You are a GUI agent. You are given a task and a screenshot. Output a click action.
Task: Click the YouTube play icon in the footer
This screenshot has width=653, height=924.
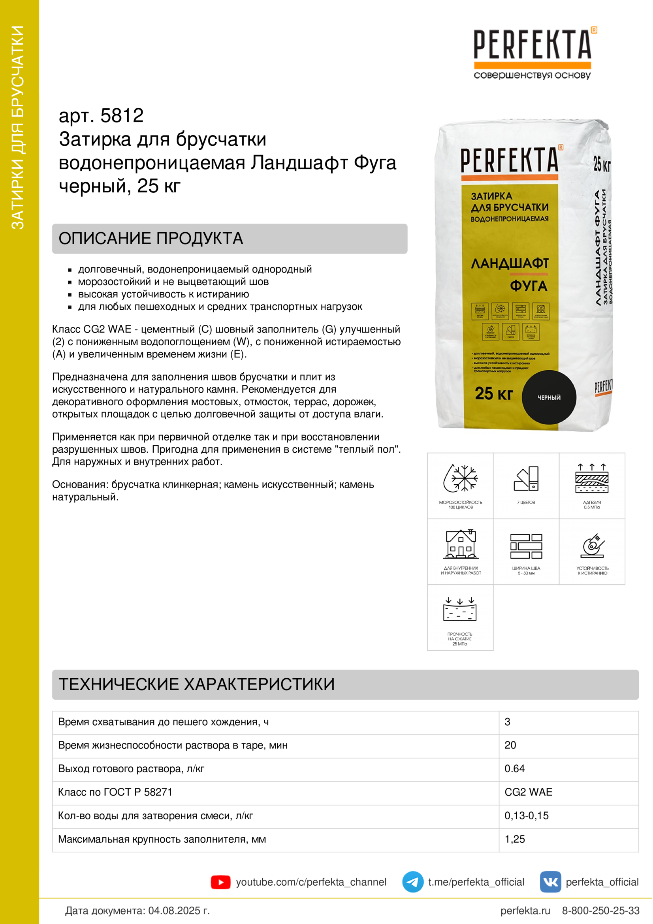pyautogui.click(x=220, y=882)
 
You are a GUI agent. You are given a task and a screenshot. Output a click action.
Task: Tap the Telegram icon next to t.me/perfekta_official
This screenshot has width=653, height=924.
pyautogui.click(x=412, y=882)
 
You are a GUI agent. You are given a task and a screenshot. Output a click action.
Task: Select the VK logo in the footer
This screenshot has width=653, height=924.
pyautogui.click(x=550, y=882)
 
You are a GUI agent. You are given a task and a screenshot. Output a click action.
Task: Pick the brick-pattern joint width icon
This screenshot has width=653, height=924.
pyautogui.click(x=526, y=546)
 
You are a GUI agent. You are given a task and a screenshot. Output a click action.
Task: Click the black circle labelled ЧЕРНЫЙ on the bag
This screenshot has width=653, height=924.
pyautogui.click(x=549, y=397)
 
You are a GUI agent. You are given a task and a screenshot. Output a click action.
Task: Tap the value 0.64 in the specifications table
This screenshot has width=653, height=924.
pyautogui.click(x=515, y=769)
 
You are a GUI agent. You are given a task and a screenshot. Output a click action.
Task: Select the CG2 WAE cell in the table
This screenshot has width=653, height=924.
pyautogui.click(x=528, y=792)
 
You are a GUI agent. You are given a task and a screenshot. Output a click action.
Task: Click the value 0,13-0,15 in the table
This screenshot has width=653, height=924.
pyautogui.click(x=526, y=816)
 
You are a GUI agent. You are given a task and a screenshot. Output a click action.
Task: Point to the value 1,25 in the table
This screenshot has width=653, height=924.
pyautogui.click(x=515, y=839)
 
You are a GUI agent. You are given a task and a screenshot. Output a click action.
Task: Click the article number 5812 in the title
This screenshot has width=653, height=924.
pyautogui.click(x=122, y=116)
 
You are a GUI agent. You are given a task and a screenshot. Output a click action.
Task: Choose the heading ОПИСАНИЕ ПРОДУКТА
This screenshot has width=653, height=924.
pyautogui.click(x=151, y=238)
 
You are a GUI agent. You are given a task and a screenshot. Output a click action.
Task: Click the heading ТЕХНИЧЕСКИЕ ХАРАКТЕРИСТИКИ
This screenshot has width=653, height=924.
pyautogui.click(x=197, y=684)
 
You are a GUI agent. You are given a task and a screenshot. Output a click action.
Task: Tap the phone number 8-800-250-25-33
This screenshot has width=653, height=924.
pyautogui.click(x=600, y=910)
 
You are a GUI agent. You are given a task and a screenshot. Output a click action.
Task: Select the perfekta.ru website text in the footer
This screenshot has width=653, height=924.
pyautogui.click(x=525, y=910)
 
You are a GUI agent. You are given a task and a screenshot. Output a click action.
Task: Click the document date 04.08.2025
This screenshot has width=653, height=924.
pyautogui.click(x=179, y=910)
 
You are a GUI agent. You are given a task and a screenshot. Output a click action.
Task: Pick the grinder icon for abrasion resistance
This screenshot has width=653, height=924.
pyautogui.click(x=592, y=546)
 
